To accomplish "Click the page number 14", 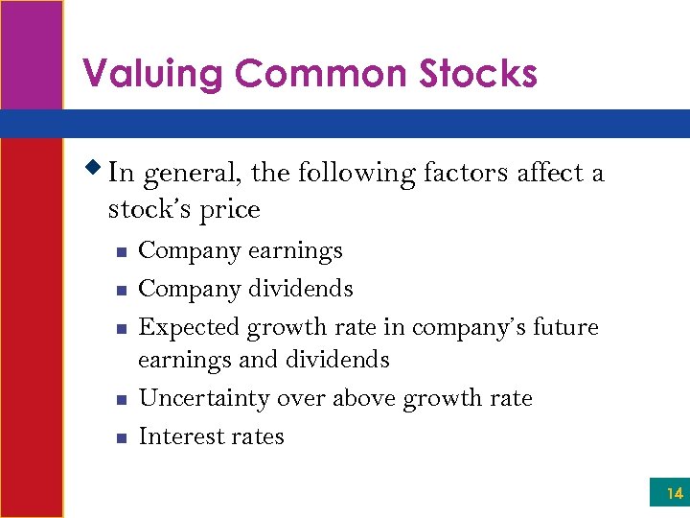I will pyautogui.click(x=674, y=494).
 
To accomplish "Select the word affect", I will pyautogui.click(x=550, y=174).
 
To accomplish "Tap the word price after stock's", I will pyautogui.click(x=230, y=210).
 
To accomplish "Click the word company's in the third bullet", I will pyautogui.click(x=467, y=328).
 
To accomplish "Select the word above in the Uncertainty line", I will pyautogui.click(x=362, y=399).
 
